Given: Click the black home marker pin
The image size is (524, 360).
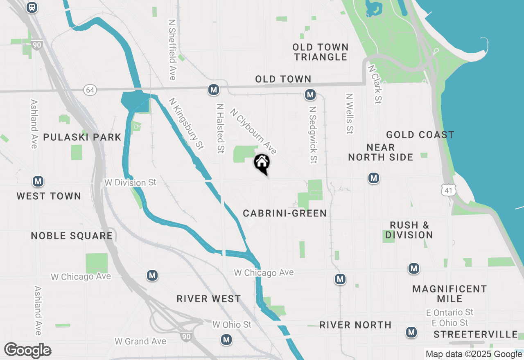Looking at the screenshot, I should click(262, 163).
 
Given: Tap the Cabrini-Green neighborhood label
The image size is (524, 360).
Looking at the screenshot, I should click(285, 213).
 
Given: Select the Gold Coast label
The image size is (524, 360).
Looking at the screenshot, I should click(420, 135).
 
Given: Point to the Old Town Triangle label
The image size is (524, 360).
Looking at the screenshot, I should click(321, 52).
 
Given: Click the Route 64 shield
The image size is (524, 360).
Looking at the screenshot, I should click(90, 90).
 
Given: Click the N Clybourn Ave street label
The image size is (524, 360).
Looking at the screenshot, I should click(253, 131).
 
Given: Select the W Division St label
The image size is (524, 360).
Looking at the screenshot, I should click(130, 182).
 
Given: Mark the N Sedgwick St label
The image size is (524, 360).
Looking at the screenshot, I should click(313, 135).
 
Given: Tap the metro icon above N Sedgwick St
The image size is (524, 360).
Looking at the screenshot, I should click(310, 95).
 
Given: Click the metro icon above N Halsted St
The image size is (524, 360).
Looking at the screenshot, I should click(213, 90).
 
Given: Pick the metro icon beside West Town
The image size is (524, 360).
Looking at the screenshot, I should click(38, 181).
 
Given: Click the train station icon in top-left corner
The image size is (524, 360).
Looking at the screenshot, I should click(32, 7).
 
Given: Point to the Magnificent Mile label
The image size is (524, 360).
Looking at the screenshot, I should click(449, 294).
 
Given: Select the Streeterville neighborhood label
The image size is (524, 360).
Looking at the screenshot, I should click(475, 335).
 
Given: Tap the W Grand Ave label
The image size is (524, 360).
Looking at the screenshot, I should click(140, 341).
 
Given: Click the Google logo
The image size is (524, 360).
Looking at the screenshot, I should click(27, 351).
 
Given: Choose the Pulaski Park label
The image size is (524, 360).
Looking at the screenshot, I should click(82, 137).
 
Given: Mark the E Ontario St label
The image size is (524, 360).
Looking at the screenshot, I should click(449, 313).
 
